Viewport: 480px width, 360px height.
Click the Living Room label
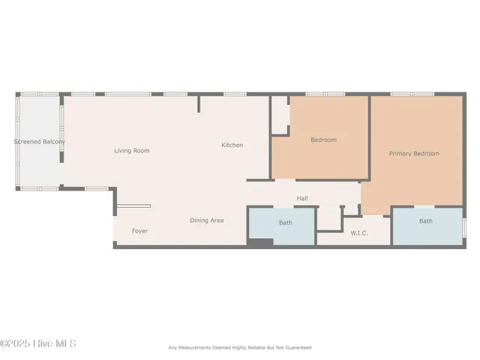[x=132, y=151]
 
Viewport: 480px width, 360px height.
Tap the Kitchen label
[x=232, y=145]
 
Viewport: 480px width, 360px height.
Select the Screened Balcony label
[x=39, y=142]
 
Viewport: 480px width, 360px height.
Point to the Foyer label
[x=139, y=231]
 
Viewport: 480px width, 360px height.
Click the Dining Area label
[x=206, y=220]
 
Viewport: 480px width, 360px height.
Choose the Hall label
[x=302, y=199]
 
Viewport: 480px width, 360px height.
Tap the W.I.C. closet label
[x=359, y=233]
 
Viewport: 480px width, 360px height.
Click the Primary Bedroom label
[x=414, y=154]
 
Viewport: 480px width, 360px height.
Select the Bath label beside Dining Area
[x=286, y=223]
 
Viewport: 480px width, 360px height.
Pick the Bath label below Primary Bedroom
[x=425, y=221]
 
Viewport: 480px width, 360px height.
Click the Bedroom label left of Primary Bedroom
[x=323, y=139]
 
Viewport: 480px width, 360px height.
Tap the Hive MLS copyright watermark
[x=38, y=344]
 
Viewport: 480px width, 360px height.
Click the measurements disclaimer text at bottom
[x=239, y=347]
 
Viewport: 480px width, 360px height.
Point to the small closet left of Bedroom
[x=280, y=114]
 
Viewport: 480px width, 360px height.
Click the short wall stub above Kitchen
[x=199, y=103]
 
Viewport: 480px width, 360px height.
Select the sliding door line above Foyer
[x=133, y=206]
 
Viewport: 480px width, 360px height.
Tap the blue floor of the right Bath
[x=425, y=232]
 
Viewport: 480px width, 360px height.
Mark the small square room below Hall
[x=329, y=218]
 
